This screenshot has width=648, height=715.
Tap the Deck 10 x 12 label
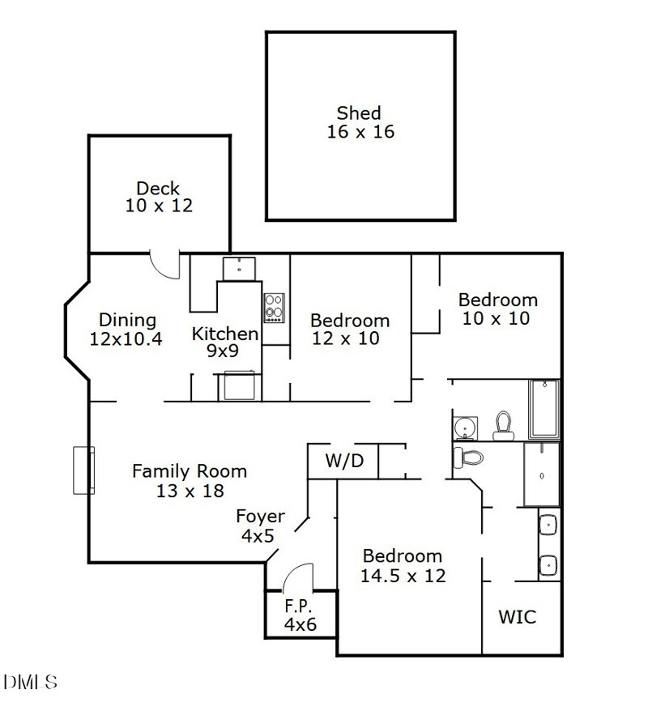click(x=159, y=198)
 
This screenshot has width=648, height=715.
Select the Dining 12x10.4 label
click(x=127, y=330)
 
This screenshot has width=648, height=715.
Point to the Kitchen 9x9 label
click(x=225, y=342)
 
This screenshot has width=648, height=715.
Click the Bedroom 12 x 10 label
click(x=349, y=329)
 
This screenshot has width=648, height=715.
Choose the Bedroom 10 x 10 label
click(x=497, y=309)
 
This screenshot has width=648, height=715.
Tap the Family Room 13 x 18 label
click(x=190, y=480)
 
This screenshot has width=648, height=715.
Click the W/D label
click(x=344, y=462)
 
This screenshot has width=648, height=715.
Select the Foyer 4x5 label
click(x=260, y=526)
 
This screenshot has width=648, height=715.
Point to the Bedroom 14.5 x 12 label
click(x=403, y=566)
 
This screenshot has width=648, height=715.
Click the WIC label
click(x=517, y=617)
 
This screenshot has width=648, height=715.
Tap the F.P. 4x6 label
click(x=299, y=615)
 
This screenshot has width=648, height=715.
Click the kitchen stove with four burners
click(x=274, y=308)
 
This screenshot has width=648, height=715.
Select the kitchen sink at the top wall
click(x=240, y=268)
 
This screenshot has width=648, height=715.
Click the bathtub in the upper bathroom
click(x=544, y=408)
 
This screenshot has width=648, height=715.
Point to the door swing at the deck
click(x=165, y=265)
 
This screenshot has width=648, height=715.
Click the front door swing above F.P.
click(x=298, y=577)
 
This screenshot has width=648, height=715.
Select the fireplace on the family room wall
click(x=83, y=470)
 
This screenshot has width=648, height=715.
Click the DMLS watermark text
click(x=31, y=682)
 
